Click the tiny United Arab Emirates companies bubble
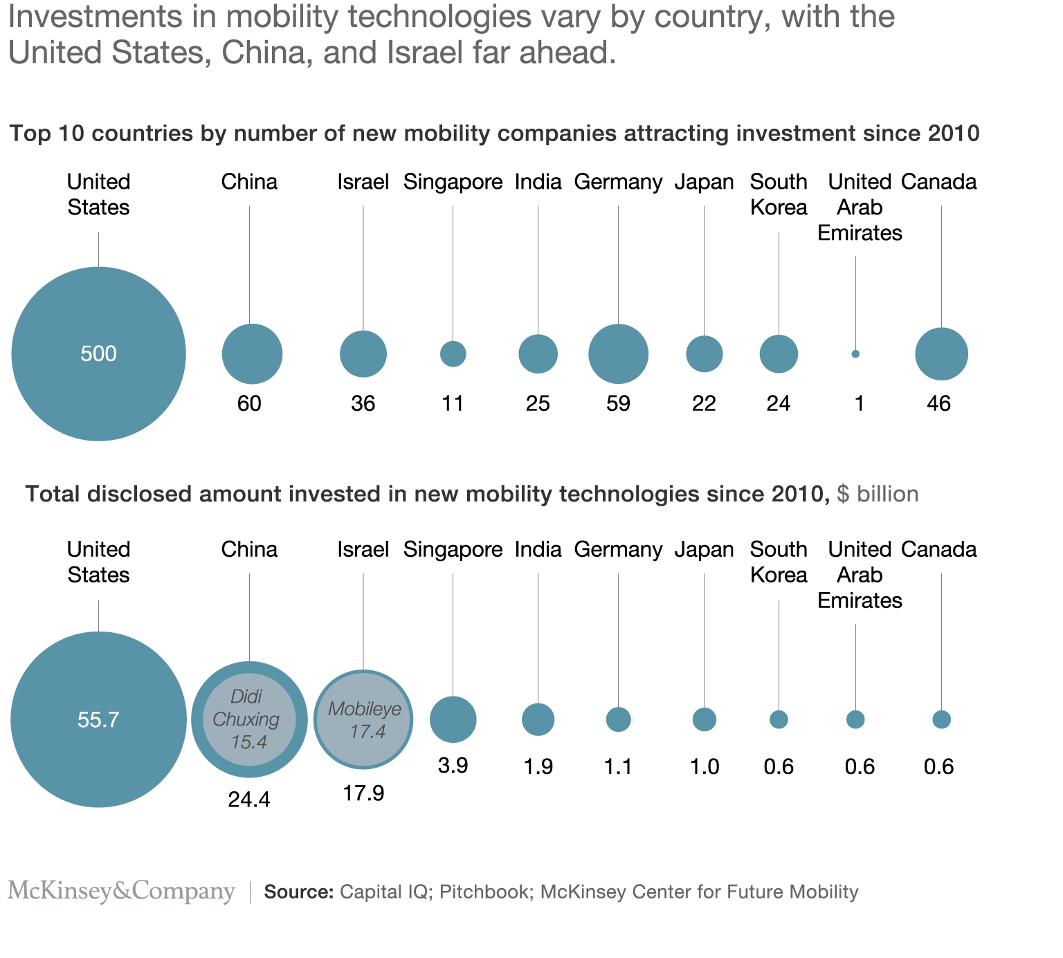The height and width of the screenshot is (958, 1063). click(x=855, y=354)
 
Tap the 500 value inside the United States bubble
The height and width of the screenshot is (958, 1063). click(x=98, y=354)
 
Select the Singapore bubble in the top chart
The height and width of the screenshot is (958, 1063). click(x=453, y=354)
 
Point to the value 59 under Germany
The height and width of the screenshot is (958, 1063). click(x=618, y=403)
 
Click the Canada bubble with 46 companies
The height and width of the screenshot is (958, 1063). click(x=941, y=354)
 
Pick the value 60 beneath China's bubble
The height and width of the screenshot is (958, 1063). click(x=249, y=403)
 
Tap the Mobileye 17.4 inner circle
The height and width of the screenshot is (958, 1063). click(x=364, y=719)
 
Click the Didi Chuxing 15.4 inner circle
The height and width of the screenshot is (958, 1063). click(x=248, y=719)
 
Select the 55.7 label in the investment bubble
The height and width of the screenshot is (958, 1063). click(x=98, y=720)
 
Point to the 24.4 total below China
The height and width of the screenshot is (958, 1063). click(x=249, y=800)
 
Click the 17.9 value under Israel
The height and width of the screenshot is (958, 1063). click(x=363, y=793)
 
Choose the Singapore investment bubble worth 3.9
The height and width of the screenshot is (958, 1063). click(x=453, y=719)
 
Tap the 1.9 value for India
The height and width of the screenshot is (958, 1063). click(x=538, y=766)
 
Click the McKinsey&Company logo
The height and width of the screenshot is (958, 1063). click(x=121, y=891)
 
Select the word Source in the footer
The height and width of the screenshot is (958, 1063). click(x=298, y=892)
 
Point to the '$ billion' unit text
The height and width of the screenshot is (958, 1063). click(x=878, y=494)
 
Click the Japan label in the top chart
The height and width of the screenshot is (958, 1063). click(x=704, y=182)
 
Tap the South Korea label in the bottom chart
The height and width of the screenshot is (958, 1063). click(x=779, y=562)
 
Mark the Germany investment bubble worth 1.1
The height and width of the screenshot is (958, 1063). click(x=618, y=719)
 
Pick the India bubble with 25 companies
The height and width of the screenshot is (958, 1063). click(x=538, y=354)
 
